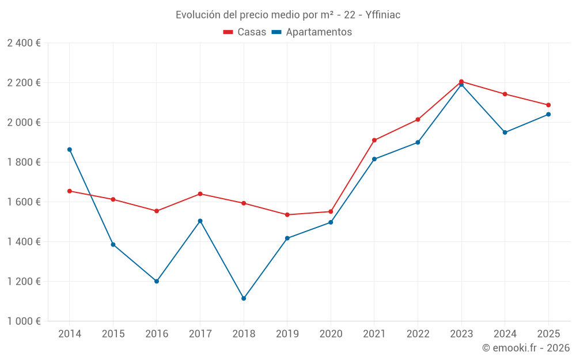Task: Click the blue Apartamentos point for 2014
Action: (x=70, y=150)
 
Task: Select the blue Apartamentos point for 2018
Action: (x=244, y=298)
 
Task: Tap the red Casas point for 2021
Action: (x=374, y=140)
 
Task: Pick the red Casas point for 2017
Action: (x=200, y=194)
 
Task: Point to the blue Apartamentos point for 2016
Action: (x=157, y=281)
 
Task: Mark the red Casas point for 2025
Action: (x=548, y=105)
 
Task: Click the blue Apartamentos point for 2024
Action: (x=505, y=132)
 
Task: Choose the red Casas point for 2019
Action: (x=287, y=215)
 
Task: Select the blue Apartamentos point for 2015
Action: (x=113, y=245)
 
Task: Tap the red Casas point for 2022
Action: (x=418, y=120)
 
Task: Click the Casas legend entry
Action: (x=245, y=32)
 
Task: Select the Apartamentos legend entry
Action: (x=312, y=32)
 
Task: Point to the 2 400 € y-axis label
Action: (x=24, y=43)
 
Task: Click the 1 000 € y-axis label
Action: (x=24, y=321)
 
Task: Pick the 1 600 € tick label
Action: (x=24, y=202)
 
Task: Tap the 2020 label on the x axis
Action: (x=331, y=334)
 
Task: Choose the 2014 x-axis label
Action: (x=70, y=334)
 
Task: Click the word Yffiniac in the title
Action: (x=383, y=15)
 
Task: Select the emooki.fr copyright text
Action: (x=526, y=348)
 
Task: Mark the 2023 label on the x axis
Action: (x=461, y=334)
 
